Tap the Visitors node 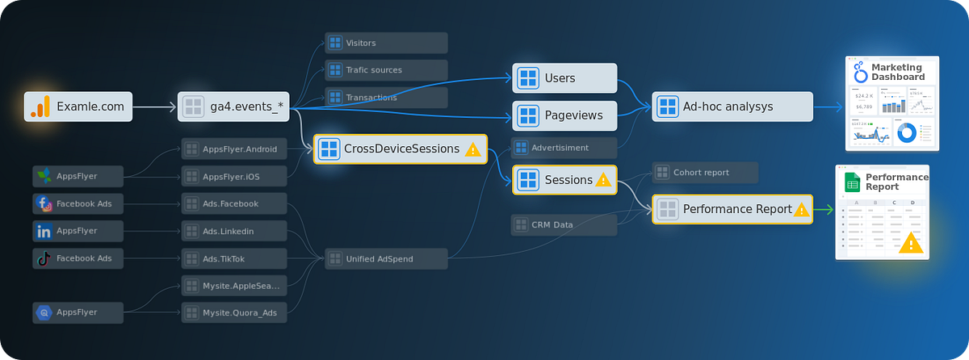pyautogui.click(x=386, y=43)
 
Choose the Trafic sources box pyautogui.click(x=386, y=70)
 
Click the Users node pyautogui.click(x=564, y=78)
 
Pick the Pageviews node pyautogui.click(x=564, y=115)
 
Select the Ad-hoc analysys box pyautogui.click(x=732, y=107)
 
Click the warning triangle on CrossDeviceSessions pyautogui.click(x=473, y=149)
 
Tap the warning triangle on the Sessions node pyautogui.click(x=602, y=180)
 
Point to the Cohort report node pyautogui.click(x=704, y=173)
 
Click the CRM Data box pyautogui.click(x=564, y=224)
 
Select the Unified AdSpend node pyautogui.click(x=386, y=259)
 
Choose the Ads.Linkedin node pyautogui.click(x=233, y=232)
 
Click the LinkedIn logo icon pyautogui.click(x=44, y=232)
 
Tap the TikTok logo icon pyautogui.click(x=44, y=259)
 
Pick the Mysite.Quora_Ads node pyautogui.click(x=233, y=312)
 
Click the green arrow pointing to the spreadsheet pyautogui.click(x=823, y=210)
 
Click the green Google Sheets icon pyautogui.click(x=852, y=182)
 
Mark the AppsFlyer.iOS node pyautogui.click(x=233, y=176)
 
